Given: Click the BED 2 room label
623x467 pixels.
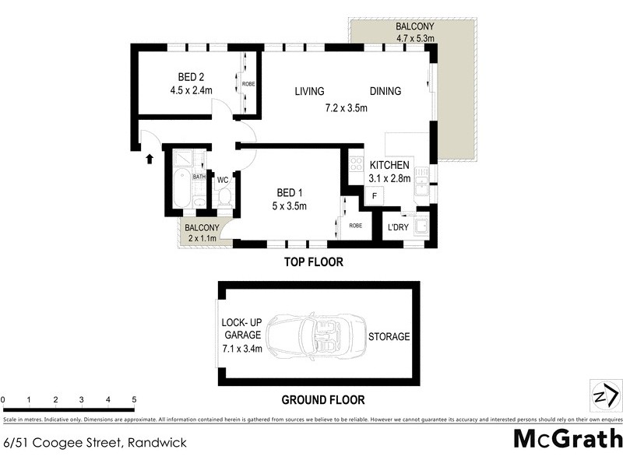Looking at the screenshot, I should point(191,76).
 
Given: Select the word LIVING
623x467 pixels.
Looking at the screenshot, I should point(309,91).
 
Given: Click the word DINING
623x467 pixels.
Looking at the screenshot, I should point(385,91).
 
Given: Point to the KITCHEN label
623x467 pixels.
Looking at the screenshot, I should point(389,165).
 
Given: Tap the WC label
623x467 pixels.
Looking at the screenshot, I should point(222,180).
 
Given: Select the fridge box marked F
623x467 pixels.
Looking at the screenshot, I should point(374,196).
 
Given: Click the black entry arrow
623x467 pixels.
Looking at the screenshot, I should point(150,159).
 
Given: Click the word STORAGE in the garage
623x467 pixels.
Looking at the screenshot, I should point(389,336).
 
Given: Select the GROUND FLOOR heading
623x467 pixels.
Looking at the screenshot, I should point(322,400).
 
